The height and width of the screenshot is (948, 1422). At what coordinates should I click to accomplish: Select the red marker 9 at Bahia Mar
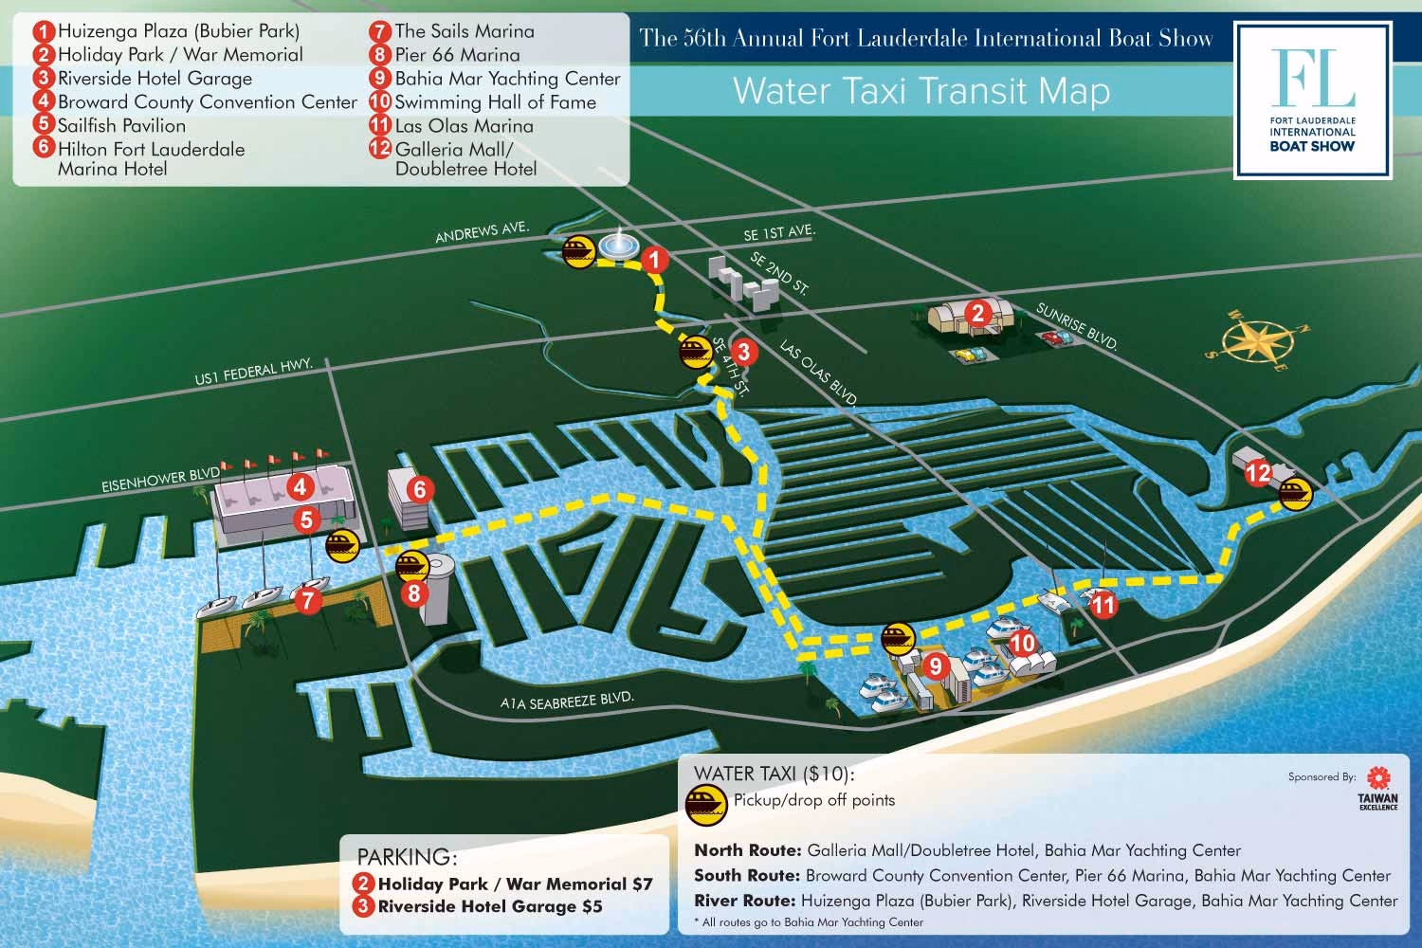(x=935, y=665)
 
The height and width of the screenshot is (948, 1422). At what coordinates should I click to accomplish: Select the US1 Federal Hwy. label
(x=253, y=373)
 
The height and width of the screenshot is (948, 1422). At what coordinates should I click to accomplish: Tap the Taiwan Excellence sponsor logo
(x=1378, y=789)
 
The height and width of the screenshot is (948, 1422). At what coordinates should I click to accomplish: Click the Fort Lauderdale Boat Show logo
(x=1312, y=99)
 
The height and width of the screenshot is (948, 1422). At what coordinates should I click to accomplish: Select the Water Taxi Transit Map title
(x=921, y=92)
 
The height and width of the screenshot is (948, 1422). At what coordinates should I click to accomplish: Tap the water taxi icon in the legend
(x=707, y=801)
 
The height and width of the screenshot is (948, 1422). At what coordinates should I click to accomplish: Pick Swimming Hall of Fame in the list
(x=495, y=102)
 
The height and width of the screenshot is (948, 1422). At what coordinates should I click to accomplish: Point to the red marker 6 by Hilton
(x=419, y=489)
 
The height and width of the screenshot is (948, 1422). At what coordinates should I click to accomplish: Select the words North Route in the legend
(x=745, y=850)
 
